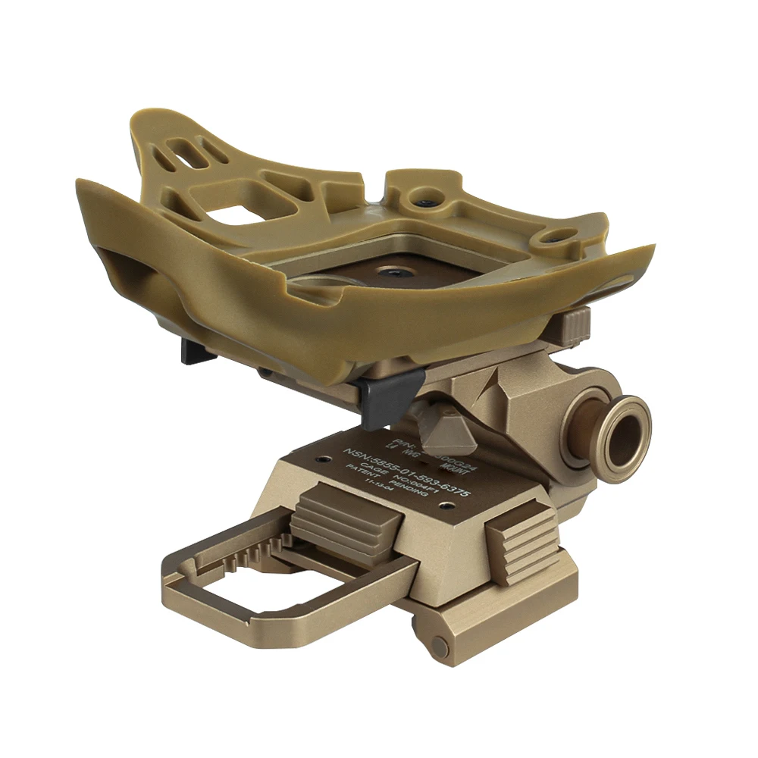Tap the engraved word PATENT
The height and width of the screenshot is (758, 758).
[x=360, y=475]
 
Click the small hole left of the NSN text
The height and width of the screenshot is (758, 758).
[x=327, y=459]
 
